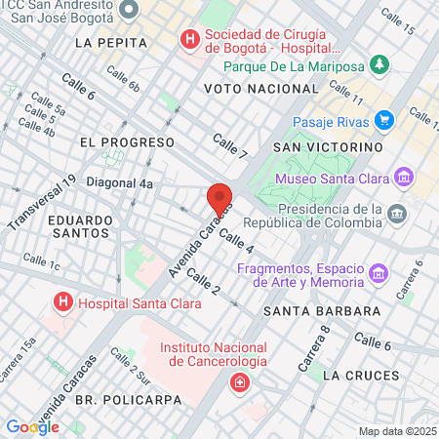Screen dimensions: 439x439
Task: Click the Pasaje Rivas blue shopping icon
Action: (x=384, y=120)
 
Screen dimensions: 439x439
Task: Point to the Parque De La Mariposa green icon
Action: (x=379, y=66)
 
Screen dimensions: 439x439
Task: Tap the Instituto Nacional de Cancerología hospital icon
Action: (x=239, y=382)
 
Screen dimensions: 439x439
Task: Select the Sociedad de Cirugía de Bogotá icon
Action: (x=188, y=41)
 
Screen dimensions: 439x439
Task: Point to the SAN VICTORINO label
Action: (x=325, y=146)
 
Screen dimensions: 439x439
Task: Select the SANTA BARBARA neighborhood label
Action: (x=321, y=311)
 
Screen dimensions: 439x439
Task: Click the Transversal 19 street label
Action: (x=42, y=205)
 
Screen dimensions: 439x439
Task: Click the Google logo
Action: (x=32, y=427)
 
